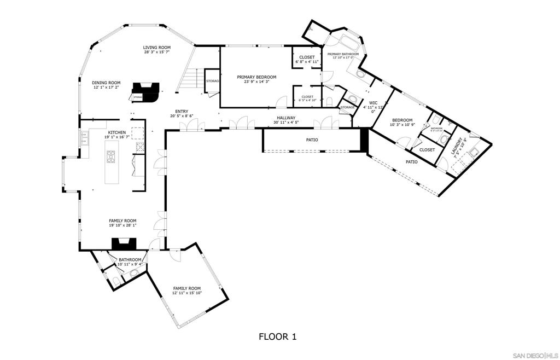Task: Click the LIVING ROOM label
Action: pos(157,48)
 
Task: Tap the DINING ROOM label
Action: pos(106,83)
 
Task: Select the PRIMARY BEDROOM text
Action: pos(256,77)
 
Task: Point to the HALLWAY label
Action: pos(285,118)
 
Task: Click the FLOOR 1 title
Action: pos(277,336)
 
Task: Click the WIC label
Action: pos(374,102)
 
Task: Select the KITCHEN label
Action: pos(118,132)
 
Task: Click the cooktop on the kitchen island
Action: pos(112,156)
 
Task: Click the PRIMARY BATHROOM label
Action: pos(343,54)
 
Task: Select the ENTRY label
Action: pos(182,111)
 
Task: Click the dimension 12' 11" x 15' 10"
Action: pos(187,293)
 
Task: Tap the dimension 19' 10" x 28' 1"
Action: pos(122,225)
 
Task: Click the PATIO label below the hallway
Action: pos(312,140)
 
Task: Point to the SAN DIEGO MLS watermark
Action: pos(534,355)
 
